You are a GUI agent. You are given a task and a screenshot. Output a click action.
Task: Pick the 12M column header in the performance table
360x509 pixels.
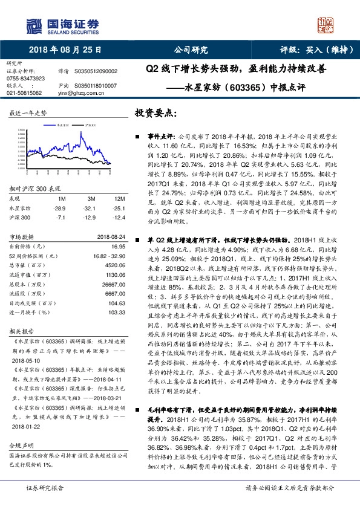click(x=102, y=199)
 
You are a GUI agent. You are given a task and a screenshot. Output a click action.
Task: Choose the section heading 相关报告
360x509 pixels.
click(x=21, y=332)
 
